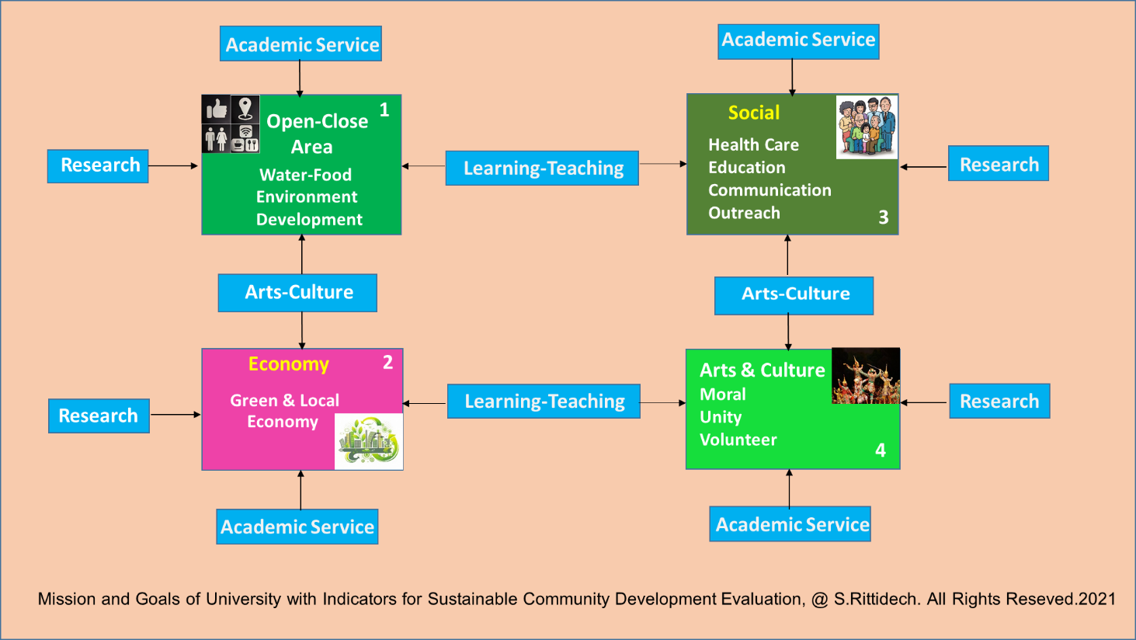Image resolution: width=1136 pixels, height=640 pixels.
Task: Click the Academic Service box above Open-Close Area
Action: coord(301,43)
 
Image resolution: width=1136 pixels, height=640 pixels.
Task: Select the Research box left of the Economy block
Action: coord(99,416)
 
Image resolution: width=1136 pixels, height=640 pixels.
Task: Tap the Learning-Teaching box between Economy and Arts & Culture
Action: coord(544,401)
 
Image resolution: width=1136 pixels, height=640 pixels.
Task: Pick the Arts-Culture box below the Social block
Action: coord(794,296)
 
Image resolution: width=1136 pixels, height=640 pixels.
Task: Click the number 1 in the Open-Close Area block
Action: coord(384,110)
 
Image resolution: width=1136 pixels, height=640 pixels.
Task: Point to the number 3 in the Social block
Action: coord(884,217)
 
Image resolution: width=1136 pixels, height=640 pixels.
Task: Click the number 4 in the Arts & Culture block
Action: coord(881,450)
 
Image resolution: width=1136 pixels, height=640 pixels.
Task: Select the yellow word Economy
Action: coord(289,364)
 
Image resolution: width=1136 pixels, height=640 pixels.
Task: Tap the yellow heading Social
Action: coord(754,113)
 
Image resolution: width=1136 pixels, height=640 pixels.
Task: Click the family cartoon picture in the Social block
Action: coord(867,127)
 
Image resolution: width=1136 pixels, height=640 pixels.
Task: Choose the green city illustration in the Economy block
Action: coord(369,441)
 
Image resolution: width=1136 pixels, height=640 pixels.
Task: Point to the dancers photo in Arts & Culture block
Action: coord(867,376)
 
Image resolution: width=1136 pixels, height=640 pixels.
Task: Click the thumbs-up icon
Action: coord(217,109)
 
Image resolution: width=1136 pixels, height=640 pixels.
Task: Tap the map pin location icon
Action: coord(245,109)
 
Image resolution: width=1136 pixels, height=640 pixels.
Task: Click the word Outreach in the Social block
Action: coord(744,213)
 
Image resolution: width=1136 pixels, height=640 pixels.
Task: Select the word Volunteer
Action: coord(738,440)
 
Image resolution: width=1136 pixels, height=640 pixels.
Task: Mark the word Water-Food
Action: coord(305,175)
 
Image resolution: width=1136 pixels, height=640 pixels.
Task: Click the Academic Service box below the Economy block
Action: coord(297,527)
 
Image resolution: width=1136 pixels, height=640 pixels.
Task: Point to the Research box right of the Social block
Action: coord(999,163)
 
